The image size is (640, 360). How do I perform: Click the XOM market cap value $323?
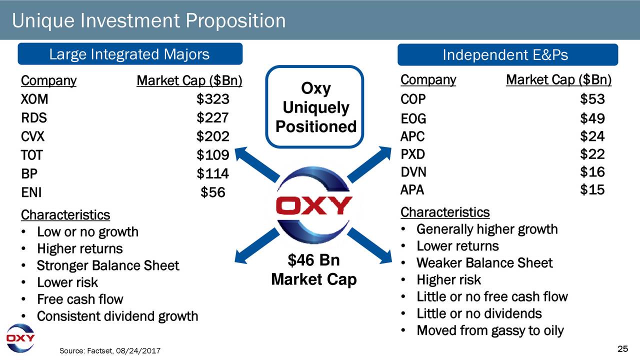pyautogui.click(x=213, y=99)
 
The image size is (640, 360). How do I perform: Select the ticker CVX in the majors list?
pyautogui.click(x=32, y=136)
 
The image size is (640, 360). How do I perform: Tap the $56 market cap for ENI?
pyautogui.click(x=213, y=192)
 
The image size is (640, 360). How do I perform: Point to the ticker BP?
pyautogui.click(x=29, y=173)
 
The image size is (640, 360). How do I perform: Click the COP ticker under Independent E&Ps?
pyautogui.click(x=413, y=99)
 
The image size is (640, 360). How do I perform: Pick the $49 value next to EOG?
pyautogui.click(x=592, y=118)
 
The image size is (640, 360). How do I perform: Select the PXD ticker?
pyautogui.click(x=412, y=154)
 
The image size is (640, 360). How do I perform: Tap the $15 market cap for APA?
pyautogui.click(x=592, y=189)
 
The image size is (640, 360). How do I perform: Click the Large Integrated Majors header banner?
pyautogui.click(x=130, y=54)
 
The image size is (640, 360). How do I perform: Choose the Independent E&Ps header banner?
pyautogui.click(x=507, y=54)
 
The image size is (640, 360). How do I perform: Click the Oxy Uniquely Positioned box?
pyautogui.click(x=314, y=107)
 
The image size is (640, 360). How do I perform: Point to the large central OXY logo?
pyautogui.click(x=313, y=205)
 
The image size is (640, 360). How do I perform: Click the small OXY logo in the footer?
pyautogui.click(x=20, y=338)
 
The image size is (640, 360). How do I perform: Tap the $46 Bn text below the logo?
pyautogui.click(x=313, y=260)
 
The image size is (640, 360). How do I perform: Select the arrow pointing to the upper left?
pyautogui.click(x=257, y=164)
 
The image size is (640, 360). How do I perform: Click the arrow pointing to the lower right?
pyautogui.click(x=370, y=245)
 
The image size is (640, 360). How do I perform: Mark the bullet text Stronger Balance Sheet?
pyautogui.click(x=108, y=265)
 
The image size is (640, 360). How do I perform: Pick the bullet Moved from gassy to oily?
pyautogui.click(x=490, y=330)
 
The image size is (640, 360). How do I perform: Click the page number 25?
pyautogui.click(x=623, y=349)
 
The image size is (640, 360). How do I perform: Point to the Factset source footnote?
pyautogui.click(x=110, y=350)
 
